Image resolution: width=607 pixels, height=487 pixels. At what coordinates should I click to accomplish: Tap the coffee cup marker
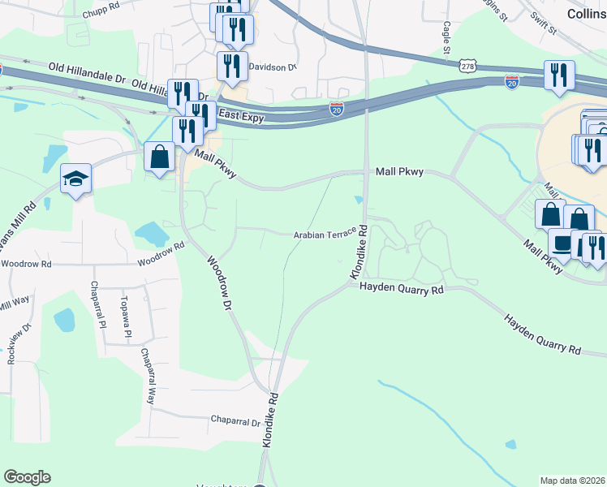pos(562,242)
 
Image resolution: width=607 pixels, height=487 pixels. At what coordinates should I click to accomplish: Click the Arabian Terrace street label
pos(325,234)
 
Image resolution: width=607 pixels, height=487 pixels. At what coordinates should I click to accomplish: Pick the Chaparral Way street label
pos(147,377)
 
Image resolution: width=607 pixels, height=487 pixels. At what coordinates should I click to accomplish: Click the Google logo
pos(27,477)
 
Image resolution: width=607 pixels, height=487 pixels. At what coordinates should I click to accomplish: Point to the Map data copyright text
pos(573,481)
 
